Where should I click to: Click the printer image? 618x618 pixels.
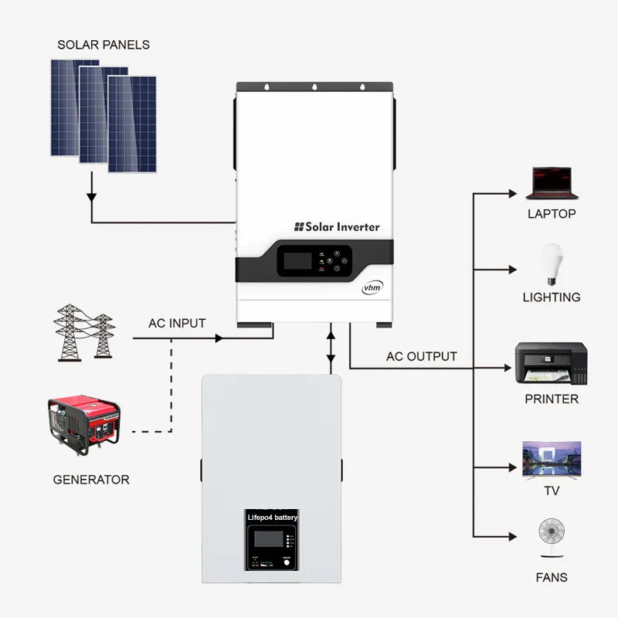point(551,364)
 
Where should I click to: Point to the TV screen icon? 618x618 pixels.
point(551,459)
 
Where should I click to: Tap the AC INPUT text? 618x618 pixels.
point(177,324)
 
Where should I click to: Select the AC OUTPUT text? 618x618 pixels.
point(421,357)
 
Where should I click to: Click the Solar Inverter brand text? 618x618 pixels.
point(337,226)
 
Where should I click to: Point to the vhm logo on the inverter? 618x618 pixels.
point(372,287)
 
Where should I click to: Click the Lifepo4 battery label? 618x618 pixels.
point(272,517)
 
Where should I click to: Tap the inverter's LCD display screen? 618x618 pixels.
point(297,260)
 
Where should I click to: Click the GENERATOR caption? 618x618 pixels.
point(91,480)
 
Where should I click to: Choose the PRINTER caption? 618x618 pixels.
point(551,399)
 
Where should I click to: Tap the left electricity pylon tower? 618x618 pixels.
point(70,332)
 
